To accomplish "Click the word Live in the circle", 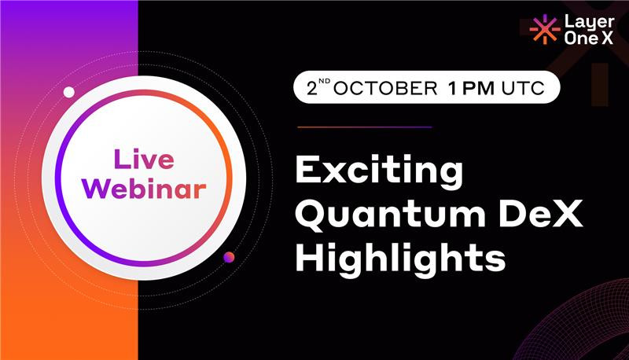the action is (144, 159).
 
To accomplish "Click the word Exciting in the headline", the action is (379, 171).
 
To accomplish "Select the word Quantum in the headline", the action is (391, 215).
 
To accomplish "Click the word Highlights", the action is (400, 258).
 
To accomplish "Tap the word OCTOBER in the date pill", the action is (385, 88).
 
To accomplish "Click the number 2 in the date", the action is (312, 88).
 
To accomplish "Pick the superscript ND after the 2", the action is (325, 82).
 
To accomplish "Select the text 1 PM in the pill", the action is (471, 88).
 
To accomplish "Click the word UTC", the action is (523, 88).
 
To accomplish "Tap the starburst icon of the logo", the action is (544, 29).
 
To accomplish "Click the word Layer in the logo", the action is (589, 23).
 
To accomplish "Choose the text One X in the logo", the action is (589, 38).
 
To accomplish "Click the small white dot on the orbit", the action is (69, 92).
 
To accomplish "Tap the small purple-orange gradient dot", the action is (229, 257).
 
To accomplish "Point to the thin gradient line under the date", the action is (365, 127).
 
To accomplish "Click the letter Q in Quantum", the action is (311, 215).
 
